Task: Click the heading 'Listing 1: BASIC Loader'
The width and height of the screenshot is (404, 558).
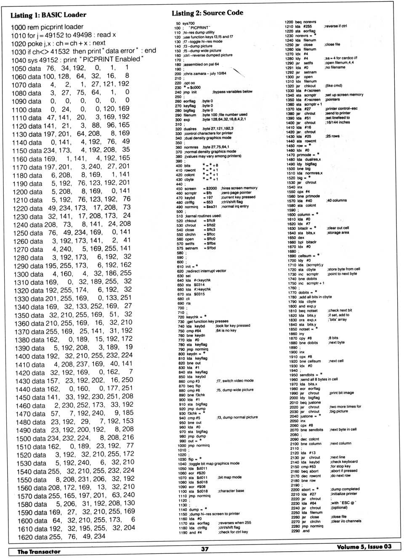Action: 48,15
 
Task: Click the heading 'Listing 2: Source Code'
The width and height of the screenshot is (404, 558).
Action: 207,13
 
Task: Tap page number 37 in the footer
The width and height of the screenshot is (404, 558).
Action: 205,548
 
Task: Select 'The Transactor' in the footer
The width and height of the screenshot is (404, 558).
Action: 39,551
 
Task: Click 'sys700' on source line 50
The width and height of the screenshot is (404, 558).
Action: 189,24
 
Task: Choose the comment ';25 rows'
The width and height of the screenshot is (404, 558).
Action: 332,136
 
